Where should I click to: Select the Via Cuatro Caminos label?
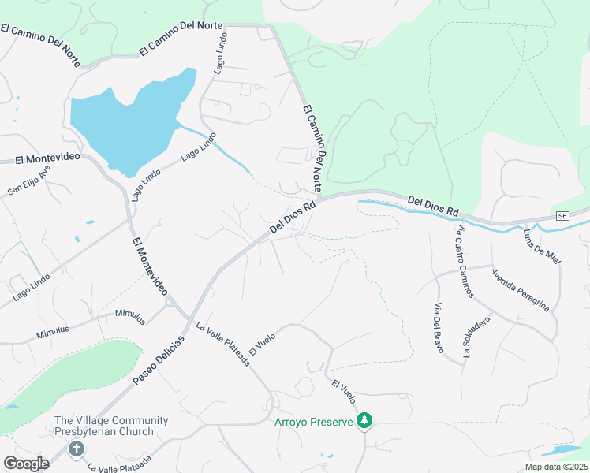point(465,261)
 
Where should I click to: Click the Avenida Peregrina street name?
point(519,290)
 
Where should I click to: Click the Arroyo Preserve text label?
point(313,423)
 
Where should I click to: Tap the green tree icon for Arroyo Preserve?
point(364,422)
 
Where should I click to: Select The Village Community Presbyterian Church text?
point(103,426)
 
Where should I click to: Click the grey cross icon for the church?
point(76,449)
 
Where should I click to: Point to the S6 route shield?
point(562,216)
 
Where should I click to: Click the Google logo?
point(26,464)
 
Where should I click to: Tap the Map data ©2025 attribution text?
point(556,467)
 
